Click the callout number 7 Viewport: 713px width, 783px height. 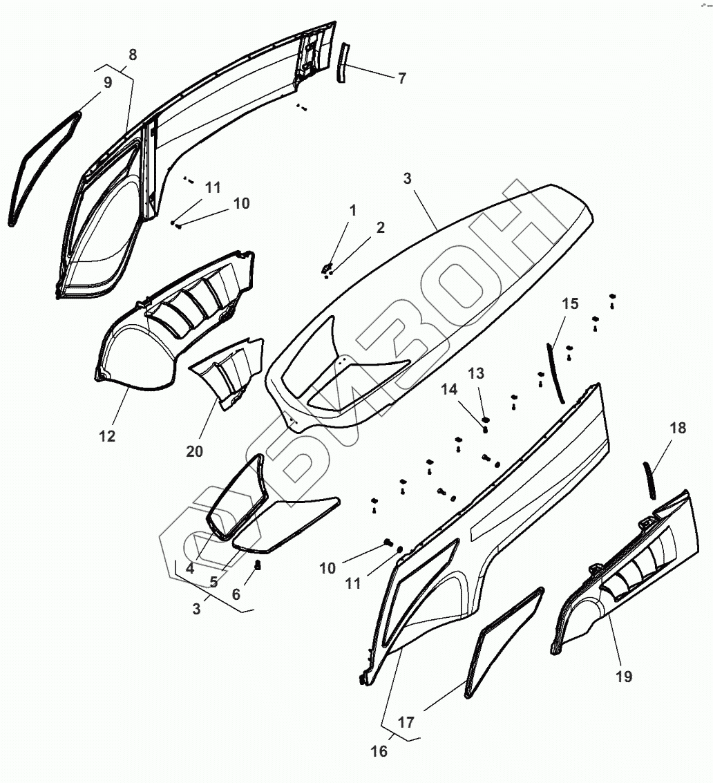[x=401, y=78]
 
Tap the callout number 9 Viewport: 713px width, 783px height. [x=108, y=83]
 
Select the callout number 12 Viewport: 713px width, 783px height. [x=107, y=436]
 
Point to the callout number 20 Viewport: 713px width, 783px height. [x=195, y=451]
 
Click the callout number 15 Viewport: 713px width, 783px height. [x=570, y=303]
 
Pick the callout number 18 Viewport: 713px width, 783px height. [x=678, y=428]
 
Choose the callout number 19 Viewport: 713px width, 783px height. [x=623, y=677]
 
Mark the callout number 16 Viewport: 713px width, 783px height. [x=379, y=751]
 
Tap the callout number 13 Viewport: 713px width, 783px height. [x=476, y=374]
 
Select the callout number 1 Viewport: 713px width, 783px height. [x=353, y=210]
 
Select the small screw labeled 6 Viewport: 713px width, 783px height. [x=258, y=566]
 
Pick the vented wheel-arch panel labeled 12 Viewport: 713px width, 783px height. [x=138, y=352]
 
